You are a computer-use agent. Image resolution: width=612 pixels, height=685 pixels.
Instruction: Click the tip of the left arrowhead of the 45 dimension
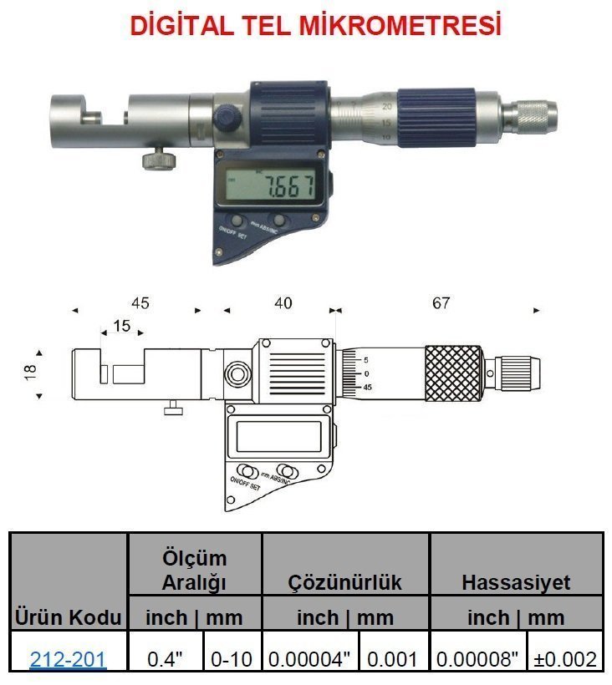[x=72, y=311]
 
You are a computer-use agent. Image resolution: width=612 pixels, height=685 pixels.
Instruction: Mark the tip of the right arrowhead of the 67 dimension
[x=540, y=311]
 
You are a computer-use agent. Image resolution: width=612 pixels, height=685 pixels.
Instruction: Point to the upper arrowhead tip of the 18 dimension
[x=39, y=350]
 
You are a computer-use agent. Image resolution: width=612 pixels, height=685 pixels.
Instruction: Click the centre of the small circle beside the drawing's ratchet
[x=490, y=373]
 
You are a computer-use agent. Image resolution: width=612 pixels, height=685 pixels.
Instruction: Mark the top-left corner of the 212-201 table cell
[x=10, y=632]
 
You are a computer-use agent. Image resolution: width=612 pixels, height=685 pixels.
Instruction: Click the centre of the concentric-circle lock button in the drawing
[x=237, y=374]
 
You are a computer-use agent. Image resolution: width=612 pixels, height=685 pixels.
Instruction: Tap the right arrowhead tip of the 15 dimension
[x=144, y=332]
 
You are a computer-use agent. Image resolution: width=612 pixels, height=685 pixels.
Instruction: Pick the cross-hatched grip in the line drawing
[x=453, y=373]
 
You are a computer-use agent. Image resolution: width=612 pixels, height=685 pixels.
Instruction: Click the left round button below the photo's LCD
[x=237, y=220]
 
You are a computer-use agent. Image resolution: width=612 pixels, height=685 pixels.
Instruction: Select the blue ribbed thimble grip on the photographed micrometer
[x=436, y=118]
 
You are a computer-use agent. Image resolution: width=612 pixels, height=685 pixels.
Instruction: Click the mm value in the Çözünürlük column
[x=392, y=659]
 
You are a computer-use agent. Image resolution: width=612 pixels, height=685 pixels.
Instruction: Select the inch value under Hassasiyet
[x=477, y=659]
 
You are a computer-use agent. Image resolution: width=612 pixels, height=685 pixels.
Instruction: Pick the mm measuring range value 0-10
[x=232, y=659]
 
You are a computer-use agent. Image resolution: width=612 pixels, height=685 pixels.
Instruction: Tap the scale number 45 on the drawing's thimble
[x=367, y=387]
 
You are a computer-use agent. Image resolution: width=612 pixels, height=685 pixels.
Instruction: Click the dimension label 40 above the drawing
[x=283, y=303]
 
